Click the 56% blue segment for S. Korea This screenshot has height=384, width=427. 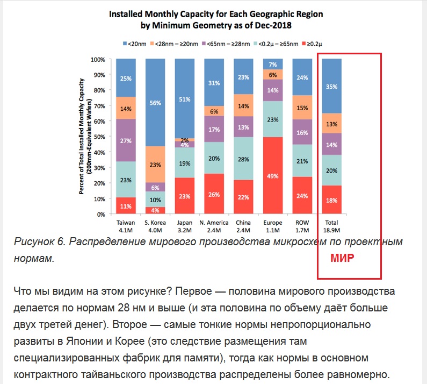pos(155,103)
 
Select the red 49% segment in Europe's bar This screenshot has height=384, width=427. pos(273,175)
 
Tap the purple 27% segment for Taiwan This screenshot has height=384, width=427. pos(126,140)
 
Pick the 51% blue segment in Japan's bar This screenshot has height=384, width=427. pos(185,98)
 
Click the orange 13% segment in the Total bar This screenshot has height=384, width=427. pos(332,123)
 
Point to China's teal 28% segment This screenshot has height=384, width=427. pos(243,159)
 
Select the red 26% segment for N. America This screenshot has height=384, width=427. pos(214,194)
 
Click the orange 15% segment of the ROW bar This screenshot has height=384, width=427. pos(302,108)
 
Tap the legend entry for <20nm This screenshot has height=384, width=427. pos(134,44)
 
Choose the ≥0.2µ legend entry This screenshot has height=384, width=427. pos(312,44)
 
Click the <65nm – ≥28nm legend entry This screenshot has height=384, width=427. pos(226,44)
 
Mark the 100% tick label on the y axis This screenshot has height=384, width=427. pos(98,60)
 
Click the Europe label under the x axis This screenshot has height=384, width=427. pos(273,223)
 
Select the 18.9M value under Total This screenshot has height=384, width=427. pos(332,230)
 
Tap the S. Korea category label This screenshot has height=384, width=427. pos(155,223)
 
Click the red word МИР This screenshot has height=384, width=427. pos(342,258)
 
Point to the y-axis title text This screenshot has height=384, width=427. pos(85,137)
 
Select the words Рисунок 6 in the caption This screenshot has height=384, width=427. pos(40,241)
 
